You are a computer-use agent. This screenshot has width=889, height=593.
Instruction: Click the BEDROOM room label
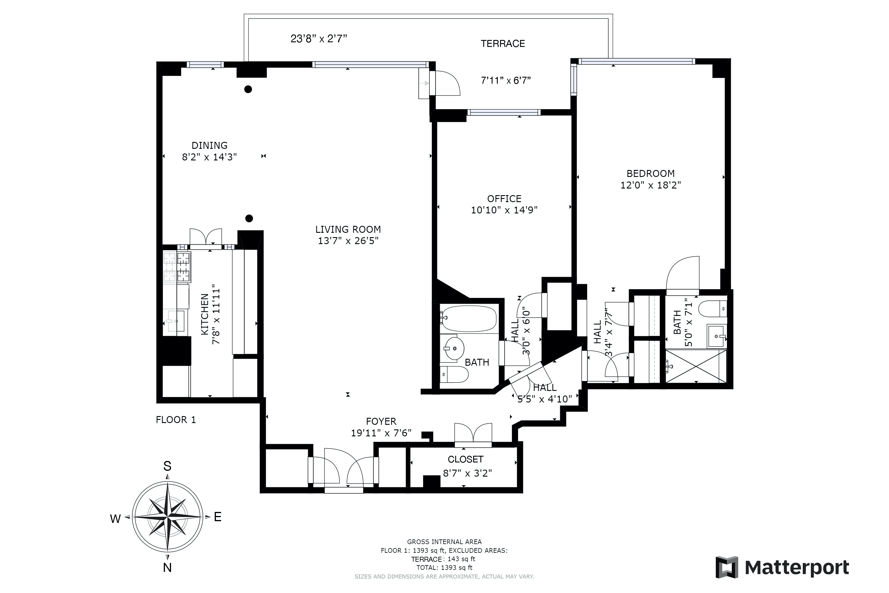pyautogui.click(x=651, y=174)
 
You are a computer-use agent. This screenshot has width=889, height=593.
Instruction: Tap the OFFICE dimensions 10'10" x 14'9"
pyautogui.click(x=504, y=210)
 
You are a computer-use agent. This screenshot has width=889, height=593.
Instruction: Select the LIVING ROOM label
pyautogui.click(x=348, y=230)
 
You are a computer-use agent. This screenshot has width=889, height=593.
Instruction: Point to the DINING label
pyautogui.click(x=210, y=146)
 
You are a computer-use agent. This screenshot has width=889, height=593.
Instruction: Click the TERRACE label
pyautogui.click(x=503, y=44)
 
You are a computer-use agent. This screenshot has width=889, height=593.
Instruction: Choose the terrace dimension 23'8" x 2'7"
pyautogui.click(x=319, y=39)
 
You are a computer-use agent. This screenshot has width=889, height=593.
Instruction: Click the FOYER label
pyautogui.click(x=381, y=421)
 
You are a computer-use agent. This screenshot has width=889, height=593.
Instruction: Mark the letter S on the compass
pyautogui.click(x=167, y=466)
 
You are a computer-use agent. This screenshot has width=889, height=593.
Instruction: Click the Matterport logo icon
pyautogui.click(x=727, y=567)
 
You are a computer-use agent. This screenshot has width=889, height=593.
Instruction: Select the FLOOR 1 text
pyautogui.click(x=176, y=420)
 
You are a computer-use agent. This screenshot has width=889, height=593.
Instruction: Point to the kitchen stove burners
pyautogui.click(x=177, y=267)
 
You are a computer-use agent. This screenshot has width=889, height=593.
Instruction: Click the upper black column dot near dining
pyautogui.click(x=248, y=89)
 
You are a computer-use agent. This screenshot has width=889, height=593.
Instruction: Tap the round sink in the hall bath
pyautogui.click(x=454, y=348)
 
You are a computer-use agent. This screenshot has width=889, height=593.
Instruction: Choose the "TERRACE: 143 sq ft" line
pyautogui.click(x=443, y=559)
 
